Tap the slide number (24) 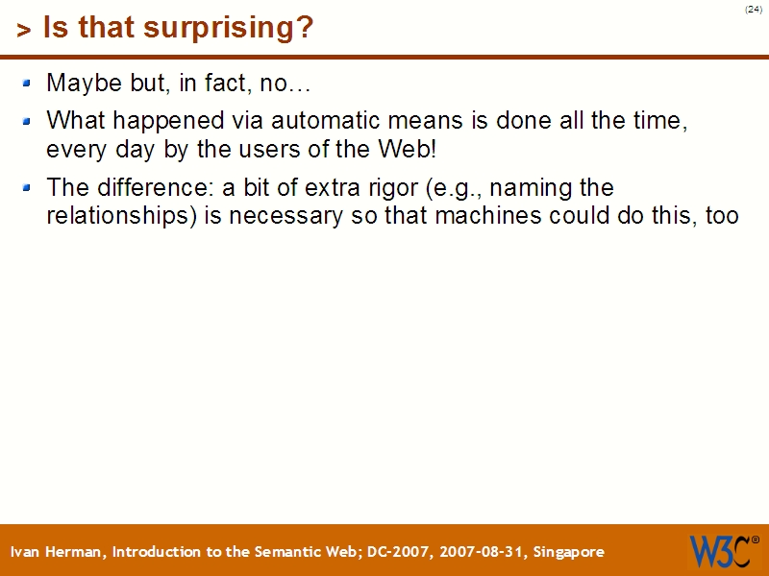coord(753,10)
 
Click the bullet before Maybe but coord(27,84)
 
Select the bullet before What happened coord(27,122)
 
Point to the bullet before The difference coord(27,187)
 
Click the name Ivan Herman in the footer coord(59,552)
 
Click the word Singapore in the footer coord(568,552)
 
